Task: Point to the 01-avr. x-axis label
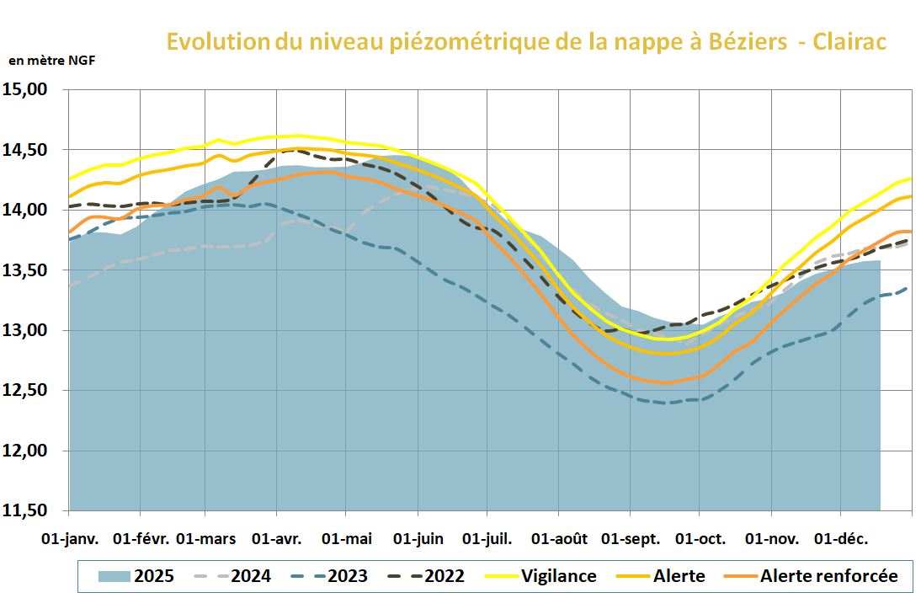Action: [278, 538]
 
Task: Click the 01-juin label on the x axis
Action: [418, 538]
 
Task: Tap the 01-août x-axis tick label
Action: [559, 538]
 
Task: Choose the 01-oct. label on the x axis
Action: [700, 538]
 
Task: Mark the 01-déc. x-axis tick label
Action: [840, 538]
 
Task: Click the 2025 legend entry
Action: [136, 576]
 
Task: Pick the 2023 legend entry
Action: [329, 576]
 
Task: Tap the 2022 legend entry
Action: [426, 576]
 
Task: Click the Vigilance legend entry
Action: [541, 576]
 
